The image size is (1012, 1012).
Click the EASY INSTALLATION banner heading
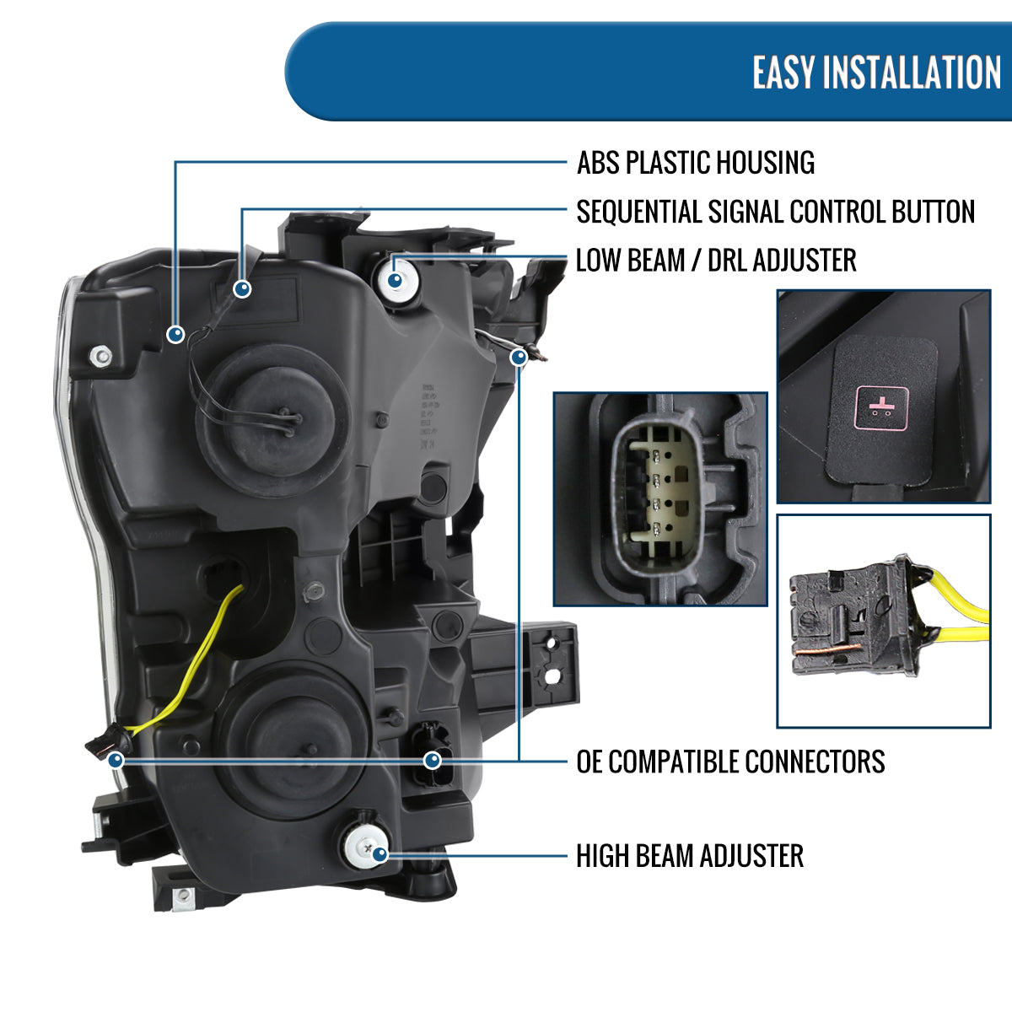(876, 73)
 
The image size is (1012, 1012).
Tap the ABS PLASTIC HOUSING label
(695, 163)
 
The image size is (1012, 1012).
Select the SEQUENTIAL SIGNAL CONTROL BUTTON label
(775, 212)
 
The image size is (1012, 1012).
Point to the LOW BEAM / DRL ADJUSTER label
(715, 261)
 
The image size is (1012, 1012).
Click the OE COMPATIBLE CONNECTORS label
(730, 762)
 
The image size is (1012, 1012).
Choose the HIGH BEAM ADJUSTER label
(689, 856)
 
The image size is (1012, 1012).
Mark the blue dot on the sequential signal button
(243, 289)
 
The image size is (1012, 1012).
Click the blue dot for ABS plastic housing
(175, 334)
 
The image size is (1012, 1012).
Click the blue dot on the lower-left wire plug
(116, 760)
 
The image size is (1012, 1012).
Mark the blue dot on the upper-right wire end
(519, 358)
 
